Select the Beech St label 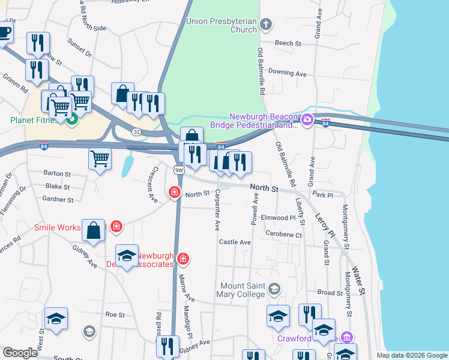click(x=288, y=43)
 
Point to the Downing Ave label click(x=287, y=73)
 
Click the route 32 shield click(x=137, y=131)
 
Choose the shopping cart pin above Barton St click(x=100, y=159)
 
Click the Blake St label click(x=58, y=187)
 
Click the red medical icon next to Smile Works click(x=116, y=227)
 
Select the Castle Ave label click(x=234, y=242)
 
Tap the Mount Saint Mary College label click(x=243, y=290)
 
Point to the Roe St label click(x=114, y=314)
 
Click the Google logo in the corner click(x=20, y=353)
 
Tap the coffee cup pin click(x=5, y=31)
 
